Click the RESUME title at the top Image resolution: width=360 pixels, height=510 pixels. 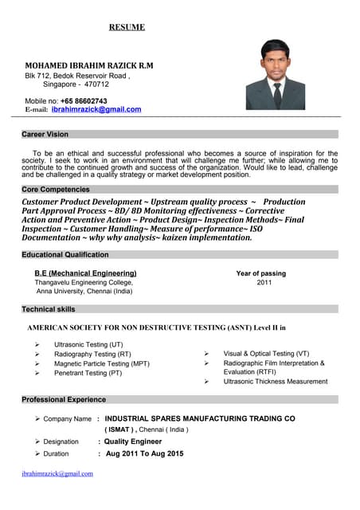(127, 27)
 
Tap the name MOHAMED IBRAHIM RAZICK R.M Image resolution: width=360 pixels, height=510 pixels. (89, 65)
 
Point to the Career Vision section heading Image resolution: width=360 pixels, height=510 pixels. (45, 135)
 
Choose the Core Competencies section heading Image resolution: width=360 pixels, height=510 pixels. (56, 190)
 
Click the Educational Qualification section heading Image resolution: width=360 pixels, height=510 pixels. (65, 254)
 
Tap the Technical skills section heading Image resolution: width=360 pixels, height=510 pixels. (49, 308)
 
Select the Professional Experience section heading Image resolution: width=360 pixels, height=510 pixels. (64, 399)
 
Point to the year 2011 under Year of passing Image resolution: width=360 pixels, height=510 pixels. (264, 282)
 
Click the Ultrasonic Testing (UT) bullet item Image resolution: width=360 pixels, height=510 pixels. (88, 344)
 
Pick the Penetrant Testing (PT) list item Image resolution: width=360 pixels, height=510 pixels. (88, 373)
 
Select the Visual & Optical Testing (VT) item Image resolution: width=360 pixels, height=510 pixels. (266, 353)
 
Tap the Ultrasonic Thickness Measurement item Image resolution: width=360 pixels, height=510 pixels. (275, 382)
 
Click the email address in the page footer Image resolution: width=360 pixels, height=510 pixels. (57, 473)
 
